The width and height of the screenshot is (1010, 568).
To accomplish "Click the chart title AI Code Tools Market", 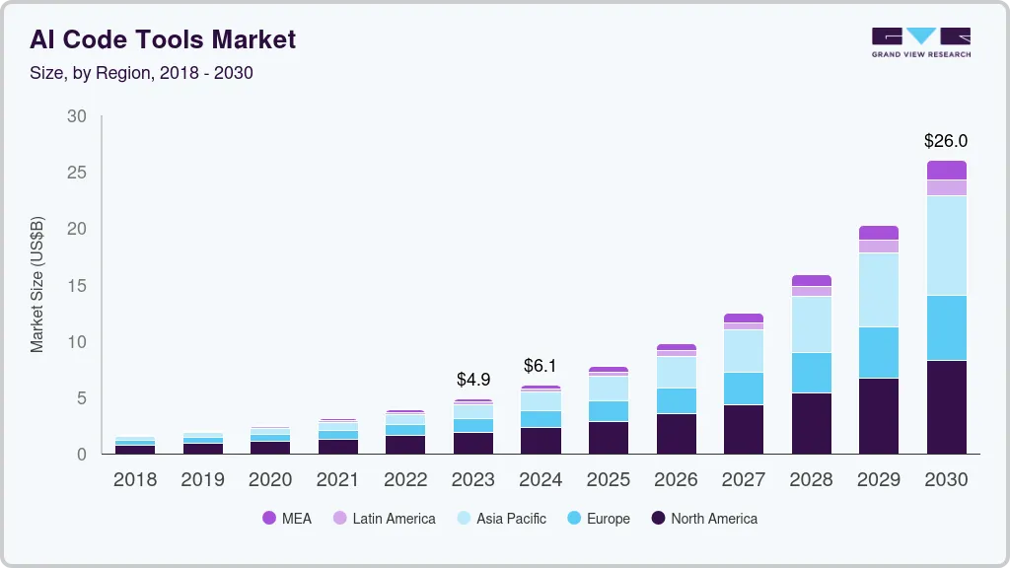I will coord(163,39).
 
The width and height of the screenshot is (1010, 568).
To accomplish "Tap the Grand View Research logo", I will coord(920,41).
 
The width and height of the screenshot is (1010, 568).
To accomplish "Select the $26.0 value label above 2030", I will coord(946,141).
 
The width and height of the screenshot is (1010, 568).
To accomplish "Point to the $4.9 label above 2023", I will coord(473,379).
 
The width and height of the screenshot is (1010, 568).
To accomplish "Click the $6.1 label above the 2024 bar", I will coord(541,366).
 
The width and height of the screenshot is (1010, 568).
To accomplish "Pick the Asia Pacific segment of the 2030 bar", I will coord(947,246).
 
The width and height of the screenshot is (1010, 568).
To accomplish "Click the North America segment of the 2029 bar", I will coord(879,415).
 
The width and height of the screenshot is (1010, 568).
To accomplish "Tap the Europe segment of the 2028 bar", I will coord(812,373).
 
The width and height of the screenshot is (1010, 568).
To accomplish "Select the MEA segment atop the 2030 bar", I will coord(947,170).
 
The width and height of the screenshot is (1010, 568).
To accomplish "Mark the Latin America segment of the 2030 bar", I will coord(947,187).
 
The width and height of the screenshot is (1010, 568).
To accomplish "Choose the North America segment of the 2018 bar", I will coord(135,449).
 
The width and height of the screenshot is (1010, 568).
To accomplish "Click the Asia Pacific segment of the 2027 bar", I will coord(744,351).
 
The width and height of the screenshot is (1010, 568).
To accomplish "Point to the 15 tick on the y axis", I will coord(76,286).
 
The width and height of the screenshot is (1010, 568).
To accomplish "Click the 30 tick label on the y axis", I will coord(76,116).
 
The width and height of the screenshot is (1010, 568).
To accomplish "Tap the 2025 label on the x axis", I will coord(609,480).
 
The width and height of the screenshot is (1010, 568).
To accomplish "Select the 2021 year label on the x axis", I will coord(338,480).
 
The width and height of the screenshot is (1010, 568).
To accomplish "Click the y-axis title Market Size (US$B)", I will coord(37,284).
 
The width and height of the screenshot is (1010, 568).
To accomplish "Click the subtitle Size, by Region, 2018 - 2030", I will coord(141,73).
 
